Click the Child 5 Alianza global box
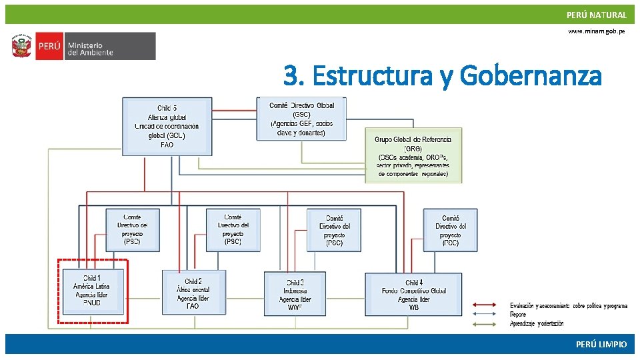(167, 126)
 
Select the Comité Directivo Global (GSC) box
(301, 119)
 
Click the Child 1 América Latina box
(92, 291)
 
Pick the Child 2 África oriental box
(193, 293)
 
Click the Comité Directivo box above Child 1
(133, 229)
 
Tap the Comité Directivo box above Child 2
(233, 229)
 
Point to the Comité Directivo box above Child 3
(334, 230)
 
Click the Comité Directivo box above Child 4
(450, 230)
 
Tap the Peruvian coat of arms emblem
(21, 47)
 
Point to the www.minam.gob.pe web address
(597, 31)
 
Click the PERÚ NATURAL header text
(596, 15)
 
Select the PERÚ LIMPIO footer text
(601, 344)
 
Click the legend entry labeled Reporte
(518, 314)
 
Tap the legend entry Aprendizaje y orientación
(537, 323)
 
